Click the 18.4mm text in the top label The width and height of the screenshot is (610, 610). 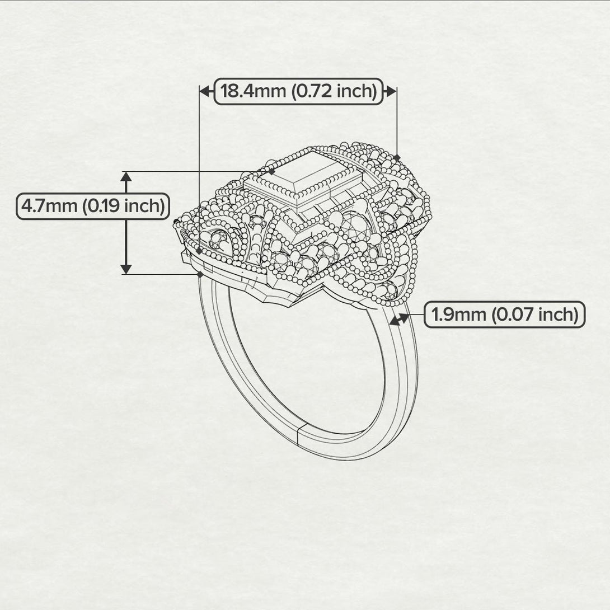coord(254,91)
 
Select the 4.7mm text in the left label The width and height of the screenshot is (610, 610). coord(49,206)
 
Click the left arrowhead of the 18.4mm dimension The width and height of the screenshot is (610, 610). coord(205,91)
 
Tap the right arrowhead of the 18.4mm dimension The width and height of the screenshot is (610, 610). coord(390,91)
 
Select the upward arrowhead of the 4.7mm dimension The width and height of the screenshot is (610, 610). coord(126,177)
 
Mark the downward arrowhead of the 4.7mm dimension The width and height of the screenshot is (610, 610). coord(126,268)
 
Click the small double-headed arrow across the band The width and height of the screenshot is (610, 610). coord(400,320)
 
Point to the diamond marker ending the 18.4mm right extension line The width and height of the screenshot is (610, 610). coord(396,158)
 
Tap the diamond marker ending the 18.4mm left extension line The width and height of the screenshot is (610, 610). coord(199,251)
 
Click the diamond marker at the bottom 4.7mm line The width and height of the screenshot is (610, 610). coord(200,274)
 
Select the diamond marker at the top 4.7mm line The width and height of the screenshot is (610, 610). coord(271,171)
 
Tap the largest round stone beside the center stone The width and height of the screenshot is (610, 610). coord(356,227)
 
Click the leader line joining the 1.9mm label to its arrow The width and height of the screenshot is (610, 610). coord(417,315)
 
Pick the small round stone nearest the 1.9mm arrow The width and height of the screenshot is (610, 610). coord(390,290)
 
